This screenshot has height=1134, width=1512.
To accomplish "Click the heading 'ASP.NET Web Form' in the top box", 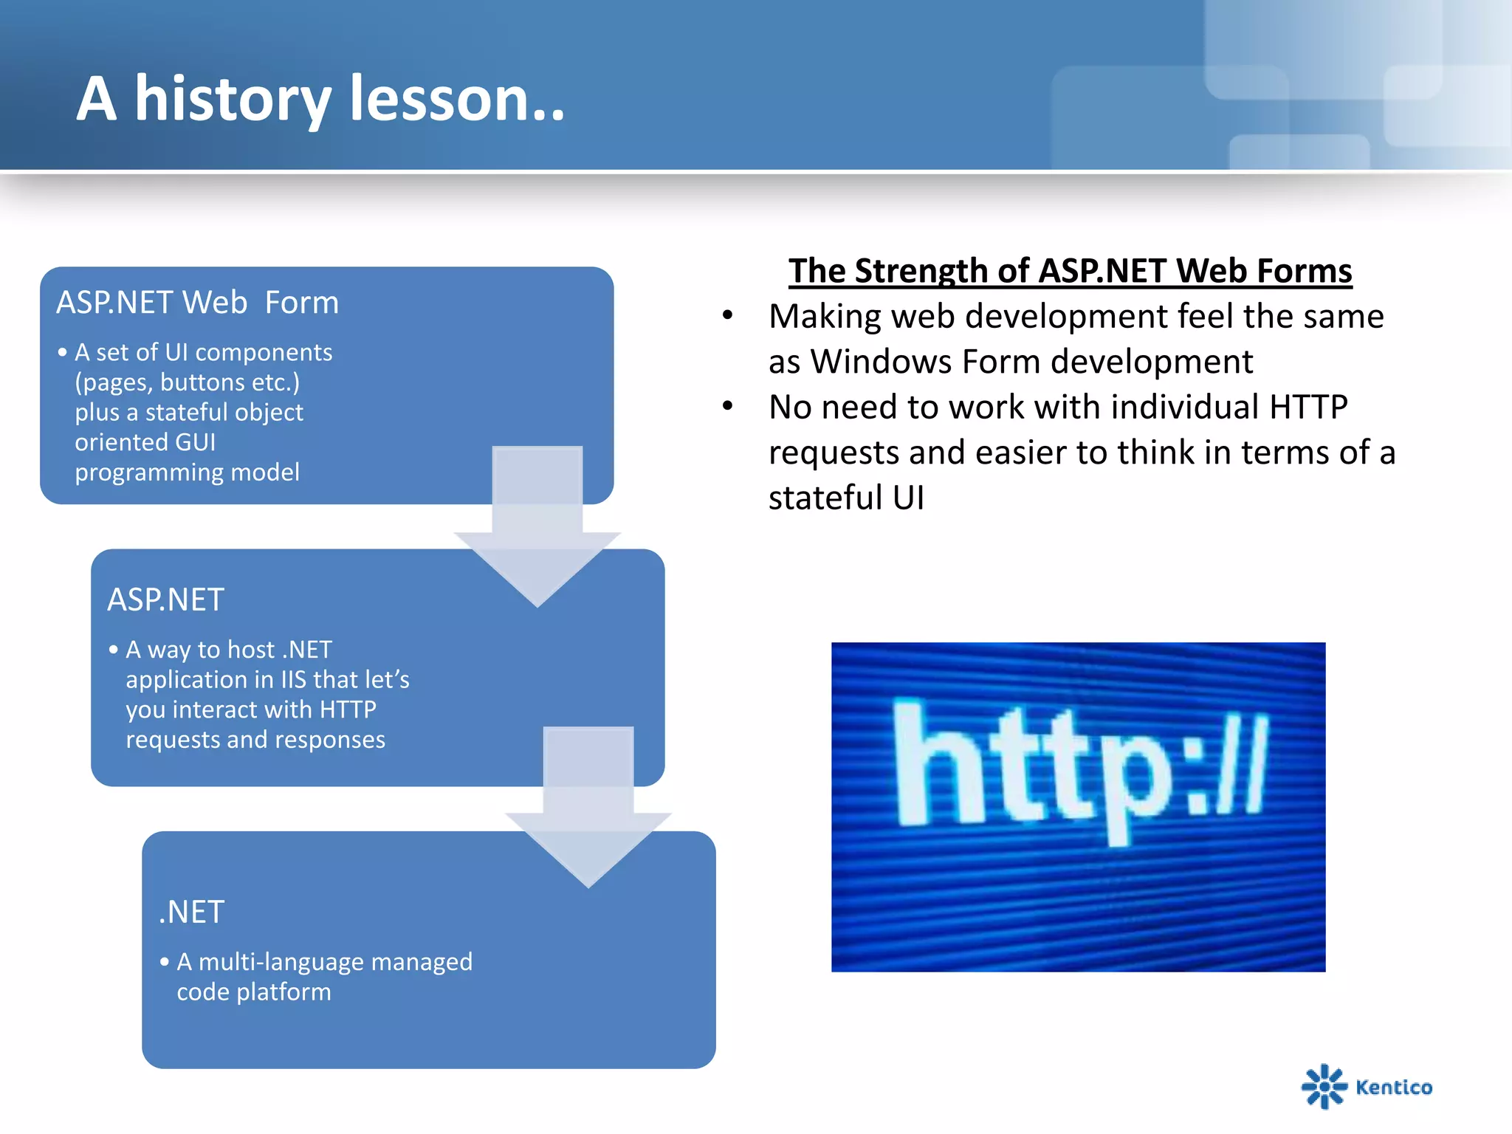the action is tap(198, 303).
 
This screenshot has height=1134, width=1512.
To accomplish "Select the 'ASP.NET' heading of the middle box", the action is tap(165, 599).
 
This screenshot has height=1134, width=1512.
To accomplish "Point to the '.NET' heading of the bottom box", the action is tap(191, 912).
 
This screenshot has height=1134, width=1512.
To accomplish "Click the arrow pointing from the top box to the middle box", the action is tap(537, 526).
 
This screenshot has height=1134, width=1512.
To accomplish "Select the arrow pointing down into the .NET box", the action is tap(588, 807).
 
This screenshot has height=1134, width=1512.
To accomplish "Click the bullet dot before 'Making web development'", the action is tap(728, 316).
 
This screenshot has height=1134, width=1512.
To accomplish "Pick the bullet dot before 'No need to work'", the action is tap(728, 406).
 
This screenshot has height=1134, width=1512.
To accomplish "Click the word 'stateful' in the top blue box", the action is tap(188, 412).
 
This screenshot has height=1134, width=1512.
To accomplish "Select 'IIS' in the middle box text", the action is tap(294, 679).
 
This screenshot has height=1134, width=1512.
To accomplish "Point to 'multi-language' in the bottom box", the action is tap(281, 962).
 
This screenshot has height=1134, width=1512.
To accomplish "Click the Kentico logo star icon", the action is tap(1324, 1086).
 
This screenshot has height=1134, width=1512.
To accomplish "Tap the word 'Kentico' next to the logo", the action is tap(1394, 1087).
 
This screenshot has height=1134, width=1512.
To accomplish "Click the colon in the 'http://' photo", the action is tap(1195, 772).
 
